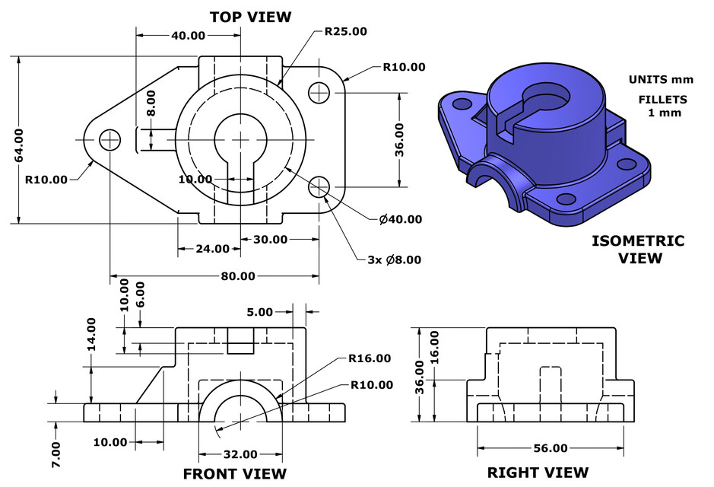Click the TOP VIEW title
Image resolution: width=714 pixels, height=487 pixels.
pos(250,16)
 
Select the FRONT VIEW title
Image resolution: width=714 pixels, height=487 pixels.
pos(235,473)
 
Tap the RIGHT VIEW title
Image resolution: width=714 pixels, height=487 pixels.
pos(538,473)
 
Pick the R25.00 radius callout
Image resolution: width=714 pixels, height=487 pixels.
pos(345,32)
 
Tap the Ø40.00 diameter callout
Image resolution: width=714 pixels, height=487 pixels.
pos(400,219)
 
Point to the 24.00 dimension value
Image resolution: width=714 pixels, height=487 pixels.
pos(212,248)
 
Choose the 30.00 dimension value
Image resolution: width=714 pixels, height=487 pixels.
pos(270,239)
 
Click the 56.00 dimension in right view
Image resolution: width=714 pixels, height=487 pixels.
pos(550,447)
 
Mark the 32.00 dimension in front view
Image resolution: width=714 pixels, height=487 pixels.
pos(240,454)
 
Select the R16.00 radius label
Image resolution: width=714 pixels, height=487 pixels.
pos(370,358)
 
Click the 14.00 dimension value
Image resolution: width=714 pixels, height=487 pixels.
pos(91,334)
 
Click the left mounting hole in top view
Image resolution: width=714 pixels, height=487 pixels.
pos(110,139)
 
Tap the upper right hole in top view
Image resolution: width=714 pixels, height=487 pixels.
pos(319,92)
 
